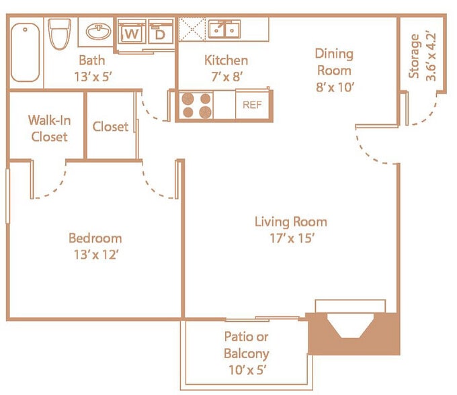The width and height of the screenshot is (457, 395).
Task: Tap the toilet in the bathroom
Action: [60, 33]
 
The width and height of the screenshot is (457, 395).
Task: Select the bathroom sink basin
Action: [99, 32]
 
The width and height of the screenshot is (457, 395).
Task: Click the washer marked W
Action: [132, 32]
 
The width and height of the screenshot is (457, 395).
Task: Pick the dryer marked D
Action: [160, 32]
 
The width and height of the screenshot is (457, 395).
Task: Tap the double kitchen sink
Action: [224, 30]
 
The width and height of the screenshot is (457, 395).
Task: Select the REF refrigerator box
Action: [251, 105]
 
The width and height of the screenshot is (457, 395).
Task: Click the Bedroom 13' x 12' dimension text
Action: [95, 254]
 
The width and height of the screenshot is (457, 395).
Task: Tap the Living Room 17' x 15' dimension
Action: [290, 238]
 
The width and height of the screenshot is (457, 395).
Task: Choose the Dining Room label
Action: [334, 61]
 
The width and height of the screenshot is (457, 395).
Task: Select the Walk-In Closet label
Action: [48, 128]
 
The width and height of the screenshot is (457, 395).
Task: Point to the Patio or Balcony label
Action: [246, 345]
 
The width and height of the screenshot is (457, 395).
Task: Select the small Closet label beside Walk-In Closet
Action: [110, 126]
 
